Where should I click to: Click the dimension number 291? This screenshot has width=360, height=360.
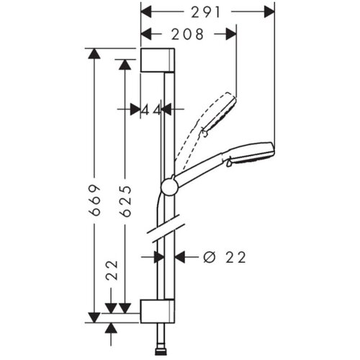(205, 12)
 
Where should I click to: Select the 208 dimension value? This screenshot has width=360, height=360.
(187, 34)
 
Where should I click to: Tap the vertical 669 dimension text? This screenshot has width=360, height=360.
(94, 200)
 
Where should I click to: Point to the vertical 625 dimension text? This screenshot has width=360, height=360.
(125, 202)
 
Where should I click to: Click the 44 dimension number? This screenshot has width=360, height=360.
(151, 111)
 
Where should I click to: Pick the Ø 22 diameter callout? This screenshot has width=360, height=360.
(225, 258)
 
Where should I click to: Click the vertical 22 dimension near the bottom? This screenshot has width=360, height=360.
(112, 270)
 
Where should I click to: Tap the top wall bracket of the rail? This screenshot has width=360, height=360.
(158, 60)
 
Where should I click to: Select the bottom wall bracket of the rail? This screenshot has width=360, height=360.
(158, 311)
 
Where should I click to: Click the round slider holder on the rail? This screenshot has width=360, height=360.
(170, 187)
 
